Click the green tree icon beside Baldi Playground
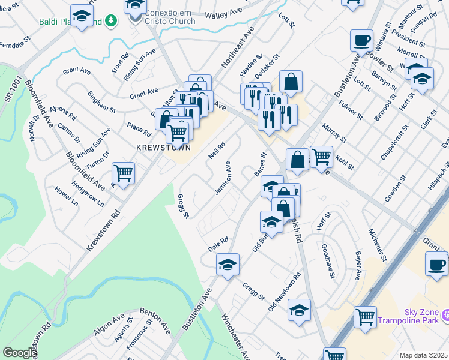click(x=110, y=22)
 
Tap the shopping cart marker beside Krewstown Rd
click(x=124, y=173)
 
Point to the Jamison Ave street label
click(x=223, y=178)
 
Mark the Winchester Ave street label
click(x=235, y=336)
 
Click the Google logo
click(x=19, y=353)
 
